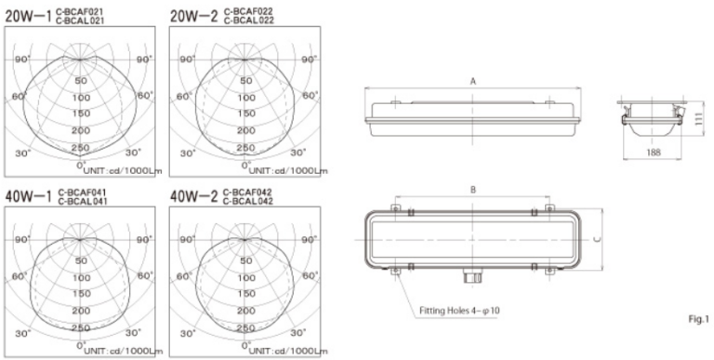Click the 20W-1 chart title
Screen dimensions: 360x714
coord(28,13)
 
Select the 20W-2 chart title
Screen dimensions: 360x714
coord(192,13)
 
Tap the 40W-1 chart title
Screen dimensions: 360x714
coord(28,196)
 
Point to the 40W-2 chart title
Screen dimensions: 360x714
coord(192,196)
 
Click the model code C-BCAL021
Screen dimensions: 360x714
coord(84,19)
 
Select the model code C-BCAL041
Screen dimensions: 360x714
coord(84,202)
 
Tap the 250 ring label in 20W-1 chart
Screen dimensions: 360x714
coord(81,147)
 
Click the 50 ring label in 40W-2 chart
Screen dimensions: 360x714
coord(246,261)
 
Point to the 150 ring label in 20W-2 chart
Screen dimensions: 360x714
coord(246,113)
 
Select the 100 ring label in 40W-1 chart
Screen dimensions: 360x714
coord(81,278)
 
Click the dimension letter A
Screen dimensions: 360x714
coord(473,82)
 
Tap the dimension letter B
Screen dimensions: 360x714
coord(473,189)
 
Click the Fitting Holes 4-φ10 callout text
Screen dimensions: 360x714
coord(453,309)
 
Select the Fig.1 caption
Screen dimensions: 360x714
coord(696,319)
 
